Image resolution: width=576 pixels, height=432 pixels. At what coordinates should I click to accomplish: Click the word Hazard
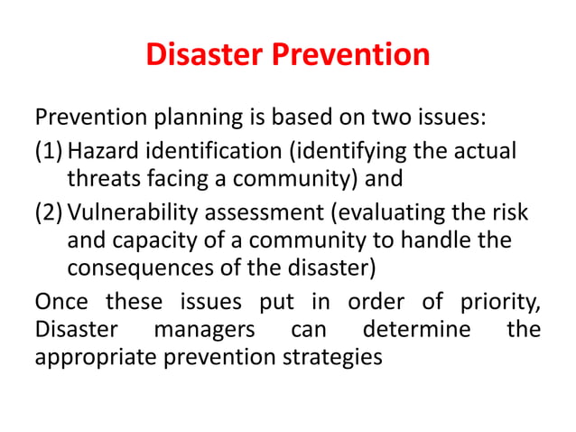(102, 150)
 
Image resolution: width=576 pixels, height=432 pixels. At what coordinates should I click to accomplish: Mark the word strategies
(329, 358)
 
